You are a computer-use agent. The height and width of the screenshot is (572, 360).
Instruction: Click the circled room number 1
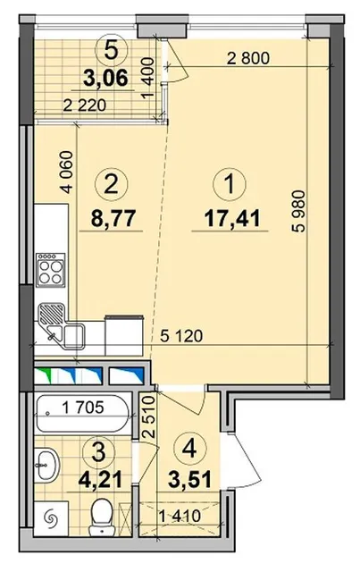coord(230,184)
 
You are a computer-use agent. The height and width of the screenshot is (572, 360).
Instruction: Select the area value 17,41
coord(232,219)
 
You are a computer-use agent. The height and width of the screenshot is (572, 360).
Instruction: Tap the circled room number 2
coord(112,184)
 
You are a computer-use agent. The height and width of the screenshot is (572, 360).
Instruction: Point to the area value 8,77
coord(113,218)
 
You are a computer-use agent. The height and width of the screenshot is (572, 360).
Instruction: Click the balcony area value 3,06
coord(105,78)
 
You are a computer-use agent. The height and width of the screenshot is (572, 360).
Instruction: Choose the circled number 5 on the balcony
coord(111,51)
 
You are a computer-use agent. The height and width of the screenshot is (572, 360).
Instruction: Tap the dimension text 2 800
coord(248,58)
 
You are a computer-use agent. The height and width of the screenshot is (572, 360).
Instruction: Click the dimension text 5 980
coord(300,211)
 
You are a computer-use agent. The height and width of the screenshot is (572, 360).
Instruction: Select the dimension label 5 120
coord(181,336)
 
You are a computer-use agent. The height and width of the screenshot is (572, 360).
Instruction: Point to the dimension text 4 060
coord(68,172)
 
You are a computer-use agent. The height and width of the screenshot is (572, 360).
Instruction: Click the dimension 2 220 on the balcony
coord(85,105)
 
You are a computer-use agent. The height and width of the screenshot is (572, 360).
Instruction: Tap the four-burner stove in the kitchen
coord(51,269)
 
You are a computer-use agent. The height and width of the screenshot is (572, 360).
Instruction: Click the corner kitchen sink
coord(62,325)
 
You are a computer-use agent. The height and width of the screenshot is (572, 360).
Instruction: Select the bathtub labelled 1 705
coord(82,413)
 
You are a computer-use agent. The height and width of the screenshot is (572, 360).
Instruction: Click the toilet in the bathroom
coord(102,517)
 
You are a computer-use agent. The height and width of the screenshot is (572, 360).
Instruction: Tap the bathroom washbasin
coord(47,464)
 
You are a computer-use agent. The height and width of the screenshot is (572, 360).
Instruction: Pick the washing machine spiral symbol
coord(51,517)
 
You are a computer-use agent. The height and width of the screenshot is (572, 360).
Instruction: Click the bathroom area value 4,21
coord(100,479)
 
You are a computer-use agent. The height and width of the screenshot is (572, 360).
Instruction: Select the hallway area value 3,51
coord(190,479)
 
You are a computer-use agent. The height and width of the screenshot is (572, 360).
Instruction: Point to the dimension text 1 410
coord(180,516)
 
